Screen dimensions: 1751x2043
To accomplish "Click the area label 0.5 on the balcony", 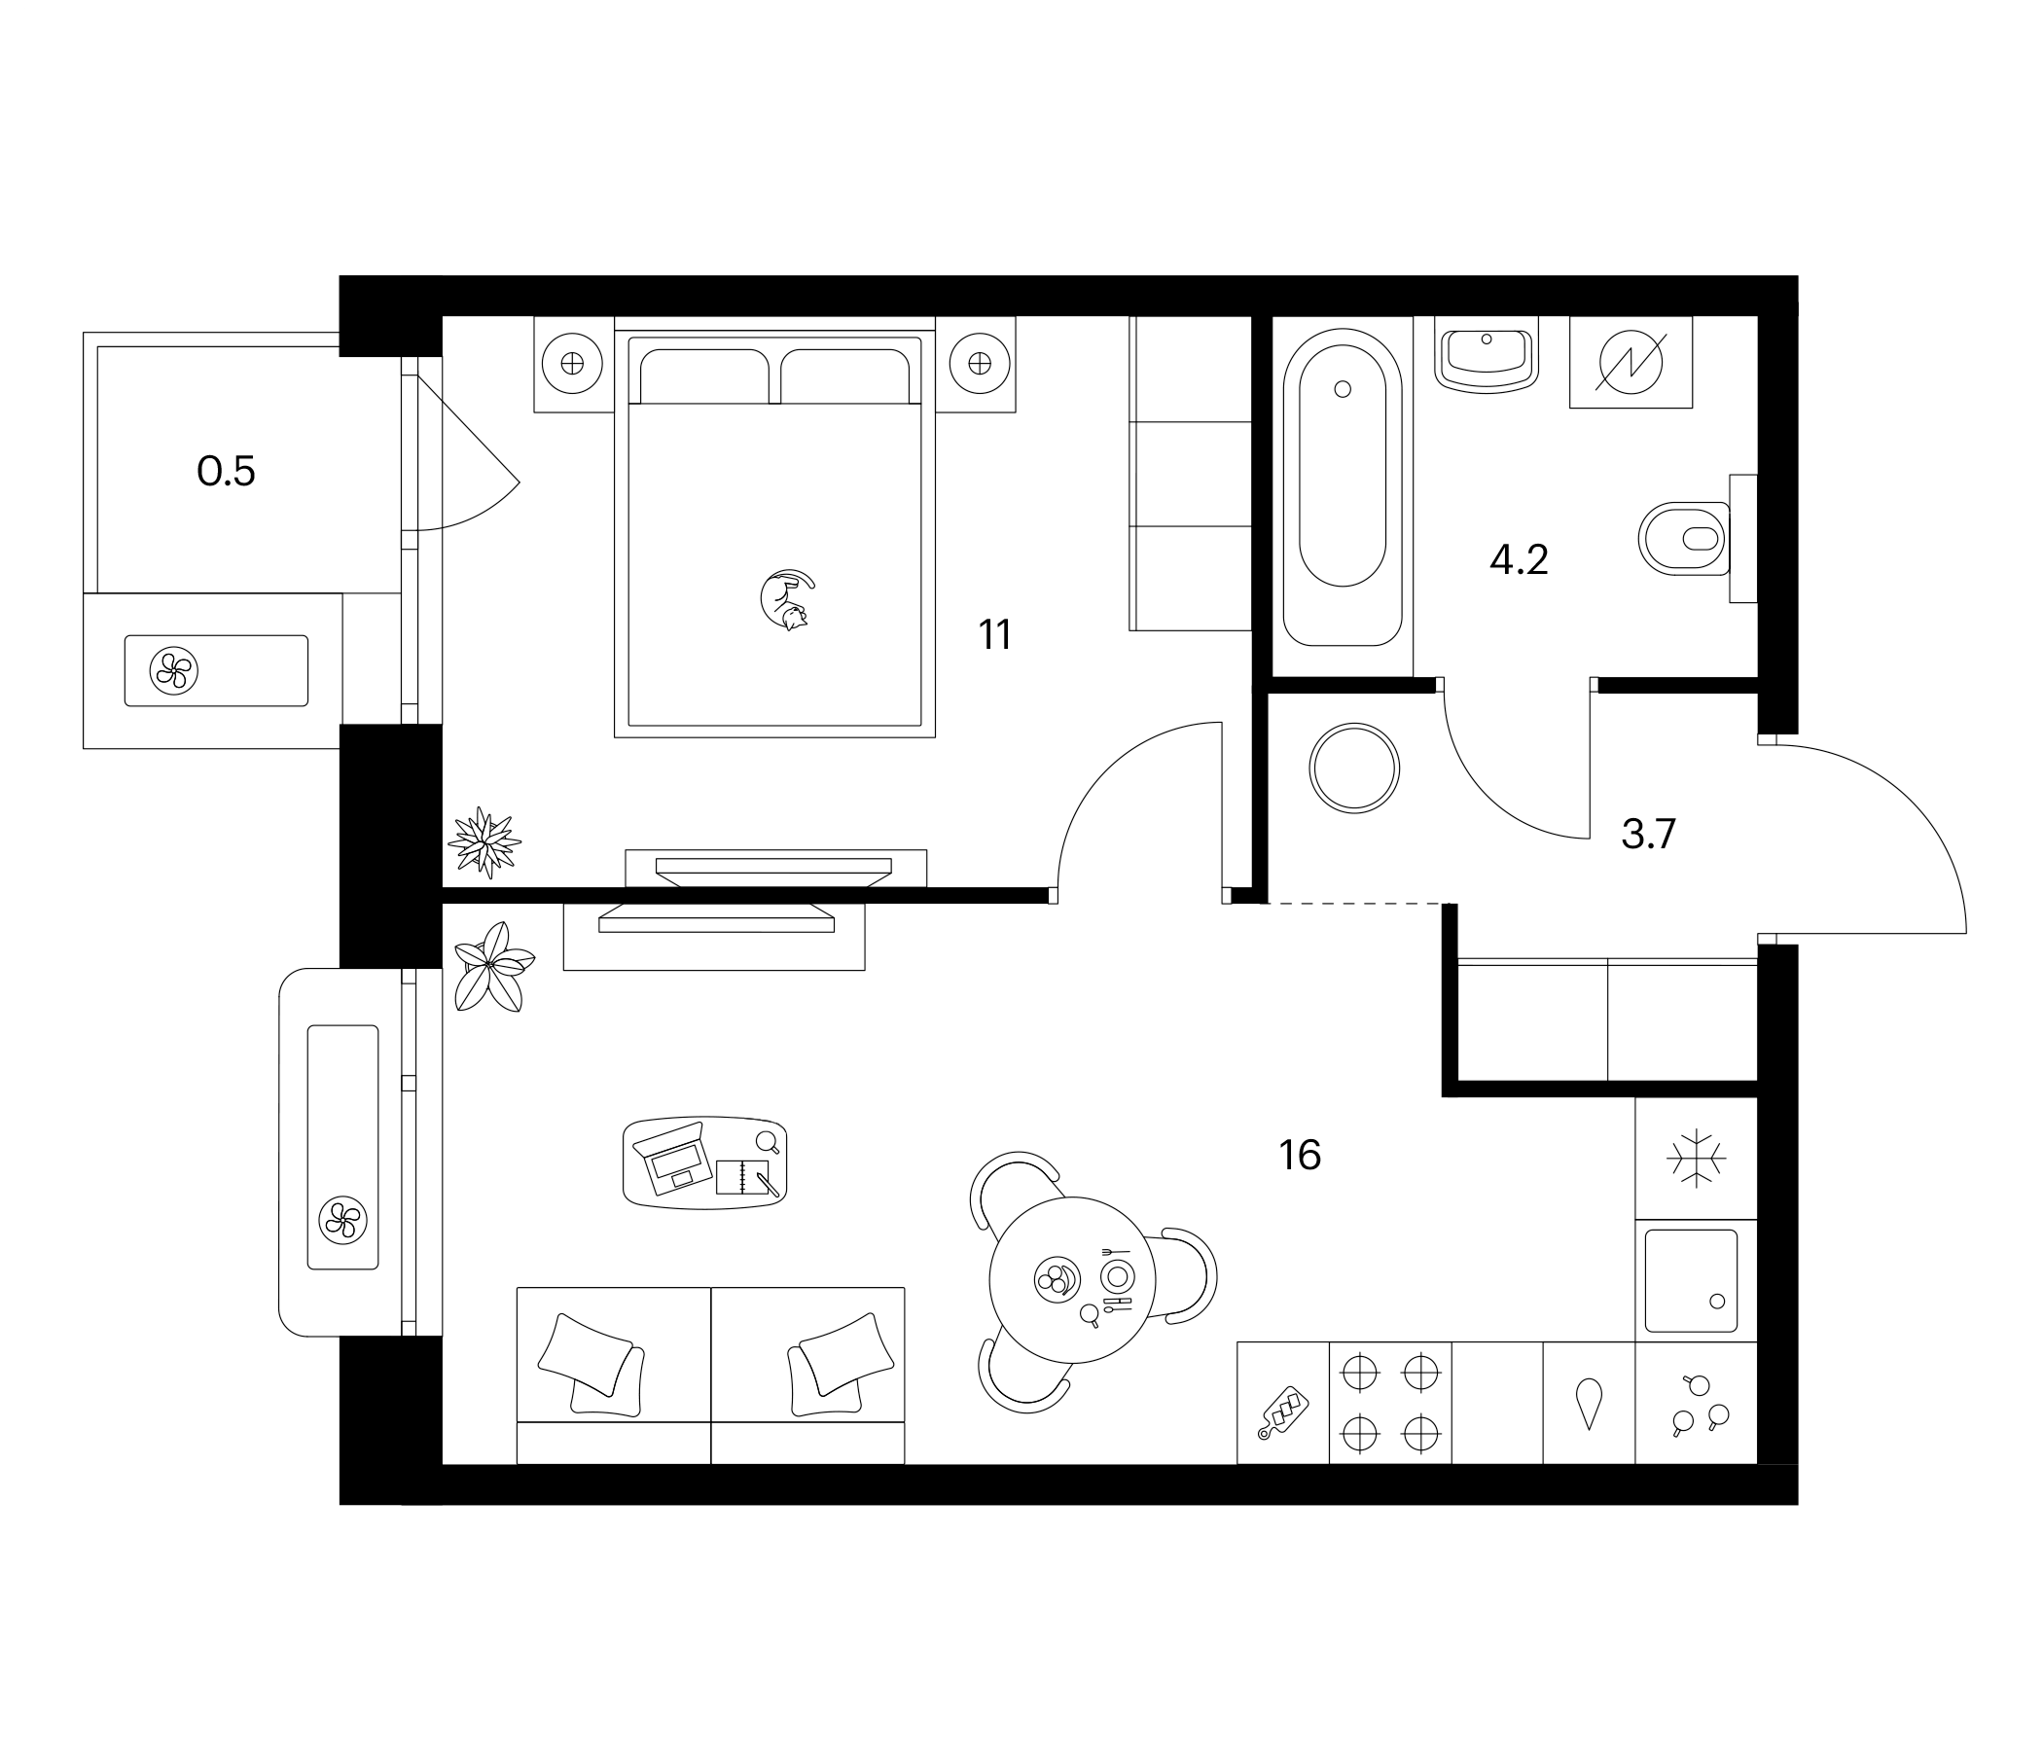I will point(226,471).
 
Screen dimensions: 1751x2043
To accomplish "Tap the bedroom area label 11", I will point(995,635).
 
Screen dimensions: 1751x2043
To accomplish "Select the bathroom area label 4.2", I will point(1519,560).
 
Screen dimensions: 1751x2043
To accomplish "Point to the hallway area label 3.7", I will point(1649,834).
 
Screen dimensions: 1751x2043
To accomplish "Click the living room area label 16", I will point(1300,1155).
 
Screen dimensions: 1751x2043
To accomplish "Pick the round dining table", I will point(1072,1280).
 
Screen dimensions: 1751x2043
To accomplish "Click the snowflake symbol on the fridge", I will point(1695,1157).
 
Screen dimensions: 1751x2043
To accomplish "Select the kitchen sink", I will point(1690,1281).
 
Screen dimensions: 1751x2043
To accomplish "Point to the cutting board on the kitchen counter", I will point(1283,1412).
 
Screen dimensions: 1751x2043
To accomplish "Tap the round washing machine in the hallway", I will point(1354,768).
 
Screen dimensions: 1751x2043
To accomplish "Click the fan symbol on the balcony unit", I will point(173,670).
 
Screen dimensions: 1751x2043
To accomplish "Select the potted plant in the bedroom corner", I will point(484,842).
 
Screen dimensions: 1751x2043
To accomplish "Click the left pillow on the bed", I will point(704,376).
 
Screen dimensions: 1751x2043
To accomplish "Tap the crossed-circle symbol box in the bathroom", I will point(1630,362).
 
